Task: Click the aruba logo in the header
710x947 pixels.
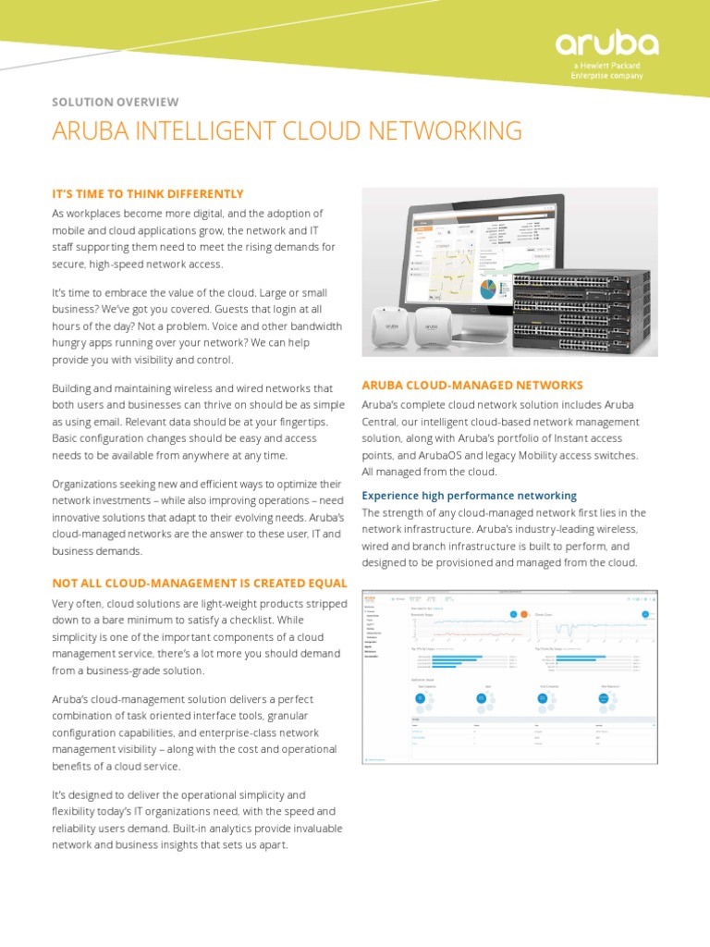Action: [606, 43]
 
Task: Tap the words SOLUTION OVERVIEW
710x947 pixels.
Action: [115, 102]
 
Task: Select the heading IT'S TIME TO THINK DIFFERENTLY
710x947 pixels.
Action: [147, 193]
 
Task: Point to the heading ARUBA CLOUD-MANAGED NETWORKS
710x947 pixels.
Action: [471, 385]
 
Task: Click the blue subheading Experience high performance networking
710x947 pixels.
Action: [469, 496]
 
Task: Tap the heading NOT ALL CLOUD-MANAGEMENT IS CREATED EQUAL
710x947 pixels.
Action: [199, 583]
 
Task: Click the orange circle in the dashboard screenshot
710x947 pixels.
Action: [523, 614]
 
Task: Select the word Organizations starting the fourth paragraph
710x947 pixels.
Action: [90, 485]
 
